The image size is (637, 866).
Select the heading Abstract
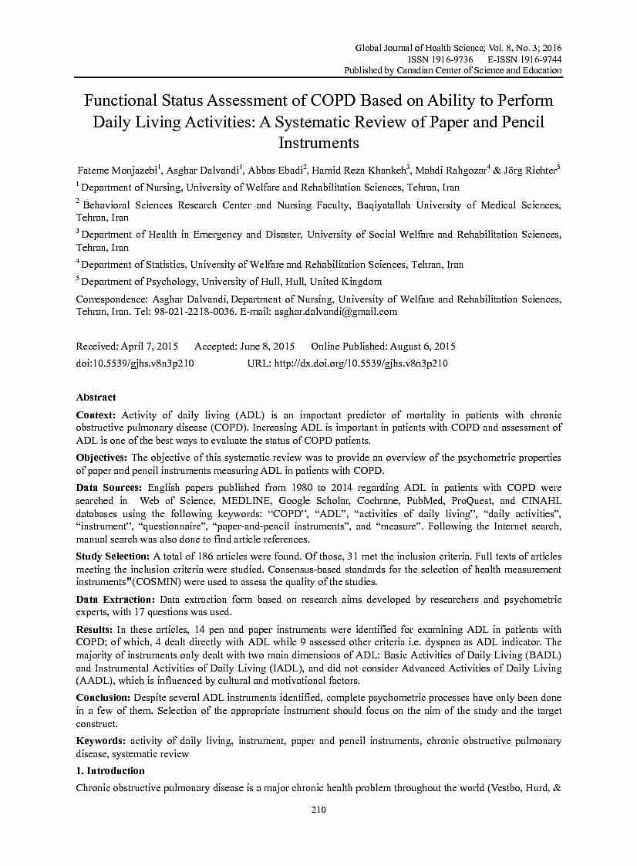tap(96, 397)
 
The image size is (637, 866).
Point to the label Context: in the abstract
tap(96, 415)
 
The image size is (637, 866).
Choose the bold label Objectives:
tap(102, 458)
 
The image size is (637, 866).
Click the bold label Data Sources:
tap(109, 488)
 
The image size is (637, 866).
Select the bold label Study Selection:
tap(113, 556)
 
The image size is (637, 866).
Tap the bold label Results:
tap(96, 630)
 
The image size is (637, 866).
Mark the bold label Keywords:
tap(101, 741)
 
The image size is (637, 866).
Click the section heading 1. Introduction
tap(110, 770)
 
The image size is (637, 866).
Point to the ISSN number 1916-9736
tap(451, 59)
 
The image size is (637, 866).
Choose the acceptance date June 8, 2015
tap(268, 347)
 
